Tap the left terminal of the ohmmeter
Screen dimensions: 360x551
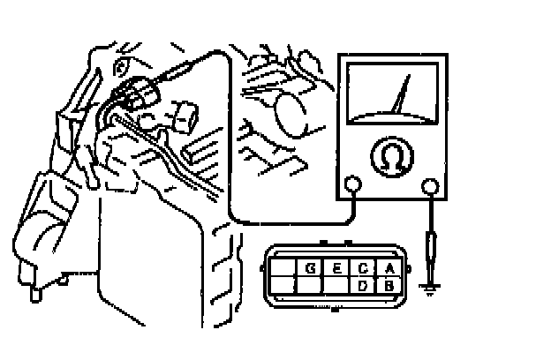pos(352,185)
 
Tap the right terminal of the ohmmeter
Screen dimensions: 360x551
pos(430,185)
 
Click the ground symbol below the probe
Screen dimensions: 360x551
pos(430,289)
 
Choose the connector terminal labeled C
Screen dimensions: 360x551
pos(364,268)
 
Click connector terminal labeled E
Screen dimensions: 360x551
pos(337,268)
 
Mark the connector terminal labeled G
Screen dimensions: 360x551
pos(311,268)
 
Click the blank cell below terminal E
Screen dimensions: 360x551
pos(337,285)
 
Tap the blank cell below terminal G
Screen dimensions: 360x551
pos(311,285)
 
